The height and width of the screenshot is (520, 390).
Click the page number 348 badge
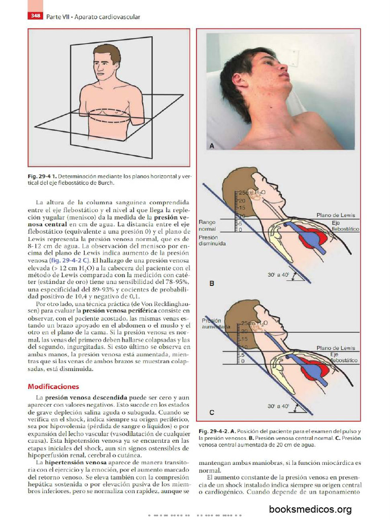[x=36, y=16]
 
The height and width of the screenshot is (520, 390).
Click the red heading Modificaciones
[x=53, y=386]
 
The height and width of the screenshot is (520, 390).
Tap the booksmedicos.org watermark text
[x=310, y=509]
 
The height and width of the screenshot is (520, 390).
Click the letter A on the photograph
[x=212, y=146]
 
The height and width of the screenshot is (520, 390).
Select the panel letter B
[x=212, y=284]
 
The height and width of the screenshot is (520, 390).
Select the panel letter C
[x=212, y=412]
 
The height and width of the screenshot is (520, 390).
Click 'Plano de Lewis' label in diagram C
[x=336, y=348]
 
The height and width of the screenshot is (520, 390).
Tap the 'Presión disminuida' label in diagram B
[x=212, y=240]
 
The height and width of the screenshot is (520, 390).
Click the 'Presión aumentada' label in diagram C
[x=214, y=324]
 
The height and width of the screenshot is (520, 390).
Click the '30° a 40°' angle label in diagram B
[x=278, y=275]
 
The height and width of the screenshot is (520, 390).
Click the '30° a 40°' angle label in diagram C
[x=278, y=406]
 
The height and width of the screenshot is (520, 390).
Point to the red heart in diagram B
[x=308, y=237]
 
